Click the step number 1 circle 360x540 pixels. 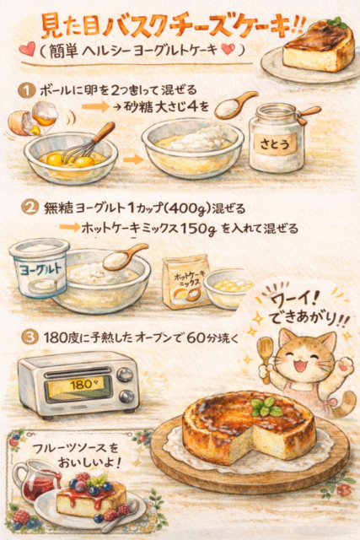point(26,91)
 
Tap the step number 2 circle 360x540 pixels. point(30,208)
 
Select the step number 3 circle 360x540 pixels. point(30,337)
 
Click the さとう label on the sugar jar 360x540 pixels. point(275,144)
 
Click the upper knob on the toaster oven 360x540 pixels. point(125,375)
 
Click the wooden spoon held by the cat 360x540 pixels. point(265,358)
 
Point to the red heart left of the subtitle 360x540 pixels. point(27,49)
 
